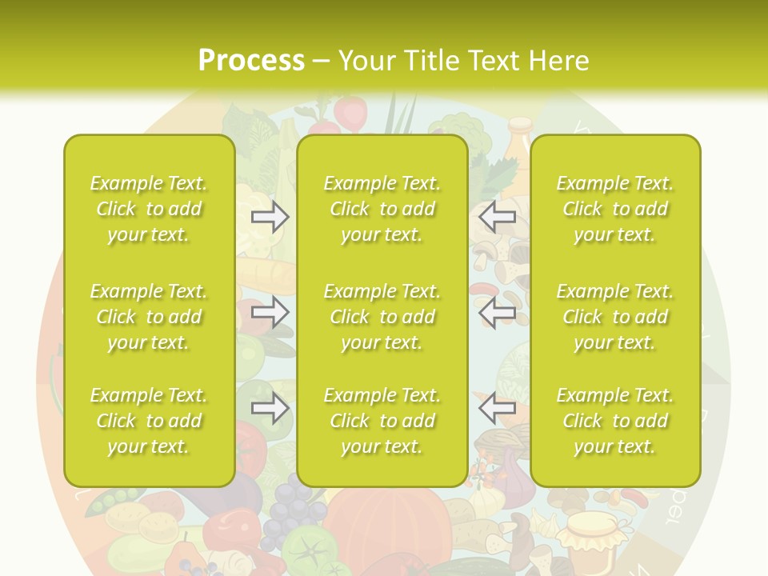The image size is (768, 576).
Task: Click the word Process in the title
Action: click(251, 61)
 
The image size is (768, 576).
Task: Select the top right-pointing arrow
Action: click(270, 217)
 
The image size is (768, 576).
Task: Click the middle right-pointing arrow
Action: click(270, 313)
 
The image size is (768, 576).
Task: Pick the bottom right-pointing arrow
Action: click(270, 409)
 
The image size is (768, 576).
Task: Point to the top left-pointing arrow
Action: click(497, 217)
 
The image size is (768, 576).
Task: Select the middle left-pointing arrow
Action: click(497, 313)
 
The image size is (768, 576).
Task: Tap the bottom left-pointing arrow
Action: click(497, 409)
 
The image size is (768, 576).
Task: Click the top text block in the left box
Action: click(149, 209)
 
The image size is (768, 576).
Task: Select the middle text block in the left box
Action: click(149, 317)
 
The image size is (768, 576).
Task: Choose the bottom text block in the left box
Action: click(149, 421)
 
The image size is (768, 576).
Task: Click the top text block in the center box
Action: click(382, 209)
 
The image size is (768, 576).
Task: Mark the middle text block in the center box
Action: click(382, 317)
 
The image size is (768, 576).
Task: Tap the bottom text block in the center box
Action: click(382, 421)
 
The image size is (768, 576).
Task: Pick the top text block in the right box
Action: click(615, 209)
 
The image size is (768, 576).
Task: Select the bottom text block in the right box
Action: click(615, 421)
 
